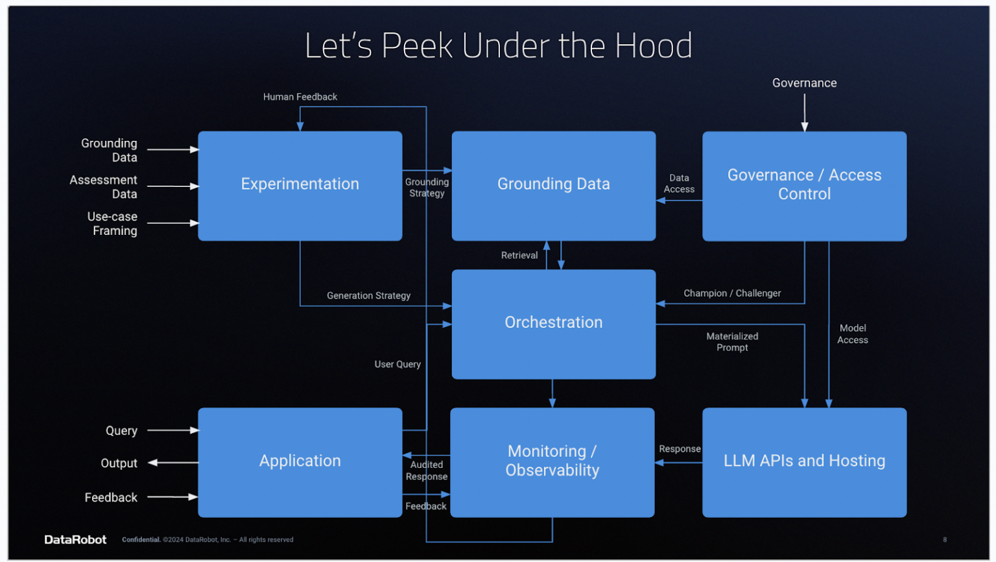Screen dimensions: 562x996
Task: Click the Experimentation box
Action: [300, 186]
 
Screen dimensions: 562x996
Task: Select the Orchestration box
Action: [553, 323]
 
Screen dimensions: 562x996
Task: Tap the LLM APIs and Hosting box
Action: [804, 461]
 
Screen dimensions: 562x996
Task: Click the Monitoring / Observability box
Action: [552, 461]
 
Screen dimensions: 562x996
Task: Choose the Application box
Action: [300, 461]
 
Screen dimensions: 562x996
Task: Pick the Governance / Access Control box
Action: [804, 186]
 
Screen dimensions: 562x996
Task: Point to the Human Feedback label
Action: [300, 97]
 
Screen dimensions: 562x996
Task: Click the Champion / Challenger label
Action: [731, 293]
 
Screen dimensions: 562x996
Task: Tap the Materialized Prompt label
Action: [731, 342]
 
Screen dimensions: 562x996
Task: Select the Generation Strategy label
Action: [368, 296]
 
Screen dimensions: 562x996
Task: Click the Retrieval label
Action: [519, 256]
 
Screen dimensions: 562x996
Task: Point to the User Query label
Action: [397, 365]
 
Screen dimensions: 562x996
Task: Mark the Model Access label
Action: [852, 334]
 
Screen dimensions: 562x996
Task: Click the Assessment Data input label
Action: [104, 187]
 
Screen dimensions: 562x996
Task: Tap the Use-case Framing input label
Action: [112, 224]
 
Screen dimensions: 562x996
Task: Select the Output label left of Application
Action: [119, 463]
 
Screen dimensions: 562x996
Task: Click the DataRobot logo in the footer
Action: [75, 540]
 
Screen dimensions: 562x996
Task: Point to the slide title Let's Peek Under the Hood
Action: [498, 46]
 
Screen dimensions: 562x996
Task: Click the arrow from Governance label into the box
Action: [804, 112]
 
